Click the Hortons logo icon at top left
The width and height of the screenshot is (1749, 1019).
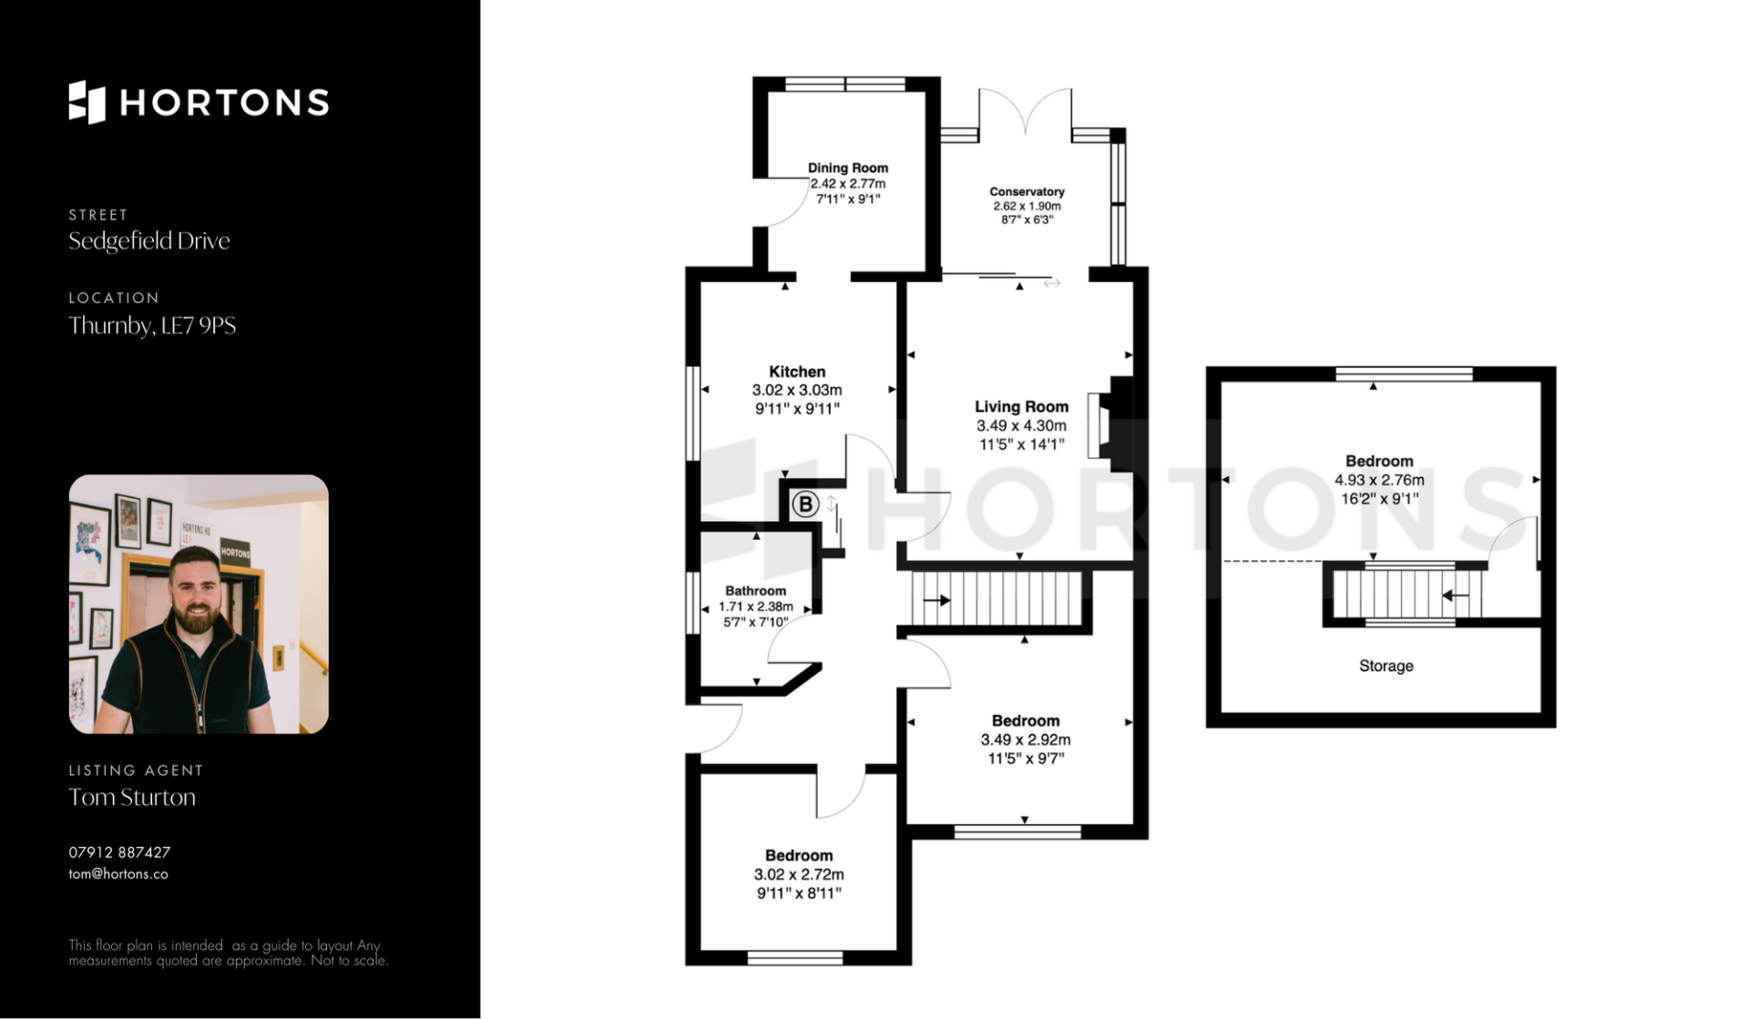coord(87,102)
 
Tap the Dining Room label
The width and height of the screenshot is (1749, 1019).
coord(847,168)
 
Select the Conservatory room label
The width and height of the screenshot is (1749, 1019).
coord(1027,191)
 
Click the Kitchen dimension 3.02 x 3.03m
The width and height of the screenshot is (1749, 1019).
coord(797,390)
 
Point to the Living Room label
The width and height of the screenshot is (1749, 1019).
coord(1021,406)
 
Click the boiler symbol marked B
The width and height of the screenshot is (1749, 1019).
coord(804,504)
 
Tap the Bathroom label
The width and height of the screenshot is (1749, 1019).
coord(755,590)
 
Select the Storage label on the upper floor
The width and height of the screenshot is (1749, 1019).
coord(1386,666)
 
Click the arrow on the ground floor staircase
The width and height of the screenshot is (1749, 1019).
coord(937,600)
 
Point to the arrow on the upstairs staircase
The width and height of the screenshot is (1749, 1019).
coord(1455,596)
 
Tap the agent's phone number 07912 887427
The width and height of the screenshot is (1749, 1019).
coord(119,852)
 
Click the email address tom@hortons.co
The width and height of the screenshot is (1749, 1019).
coord(118,873)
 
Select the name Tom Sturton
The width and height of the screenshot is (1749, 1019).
coord(132,797)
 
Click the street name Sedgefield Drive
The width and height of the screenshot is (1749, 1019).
coord(149,240)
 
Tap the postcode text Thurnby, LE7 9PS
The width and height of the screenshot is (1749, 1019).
coord(152,325)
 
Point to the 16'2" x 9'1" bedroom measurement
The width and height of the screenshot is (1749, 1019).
coord(1379,498)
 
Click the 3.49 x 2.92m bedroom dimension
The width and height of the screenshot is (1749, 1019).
coord(1025,739)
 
